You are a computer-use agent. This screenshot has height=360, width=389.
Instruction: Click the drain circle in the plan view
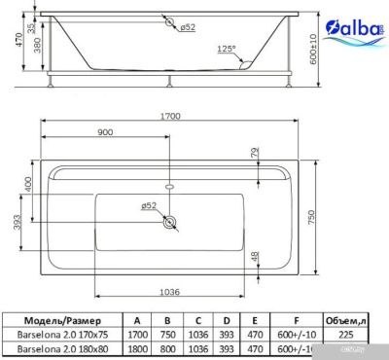click(x=171, y=223)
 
